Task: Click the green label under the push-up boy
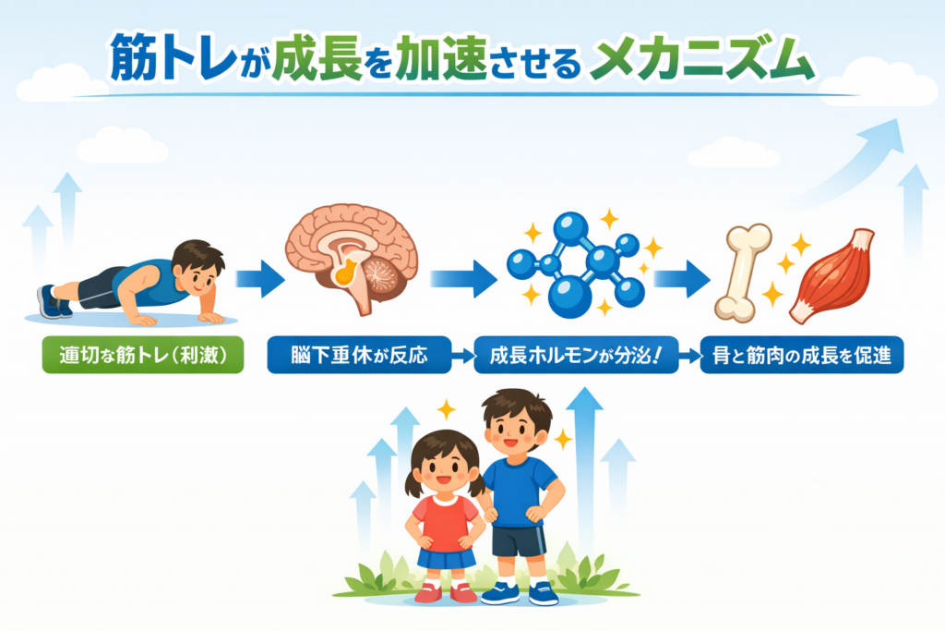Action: coord(143,355)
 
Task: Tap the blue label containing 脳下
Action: coord(359,355)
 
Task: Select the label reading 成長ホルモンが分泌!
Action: coord(576,355)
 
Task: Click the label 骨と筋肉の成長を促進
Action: coord(802,355)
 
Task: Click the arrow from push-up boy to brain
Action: coord(259,279)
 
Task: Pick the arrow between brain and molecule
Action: coord(463,279)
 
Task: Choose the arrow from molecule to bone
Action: coord(682,279)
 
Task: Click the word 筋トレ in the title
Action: coord(174,58)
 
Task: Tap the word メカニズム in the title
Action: coord(701,58)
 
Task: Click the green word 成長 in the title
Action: coord(317,58)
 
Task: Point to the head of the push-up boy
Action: coord(197,268)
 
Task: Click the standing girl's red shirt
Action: coord(445,524)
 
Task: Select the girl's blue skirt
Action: coord(447,558)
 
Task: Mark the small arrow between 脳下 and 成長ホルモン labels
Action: coord(463,356)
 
